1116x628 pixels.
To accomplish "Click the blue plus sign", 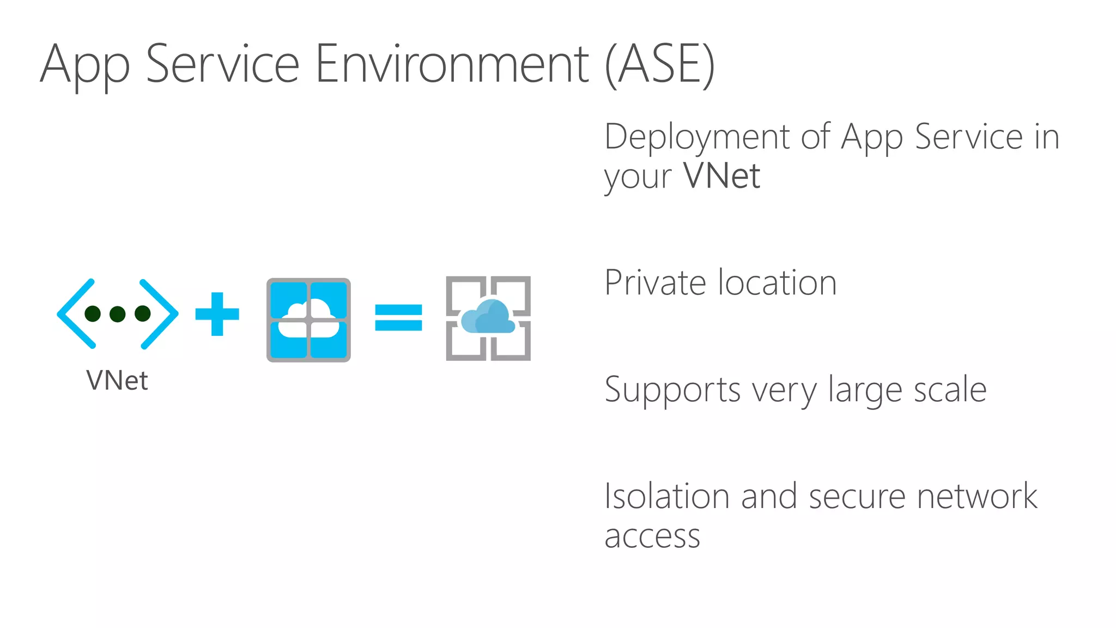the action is click(217, 314).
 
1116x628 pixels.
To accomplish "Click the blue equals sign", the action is click(398, 317).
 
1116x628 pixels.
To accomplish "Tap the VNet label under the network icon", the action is click(117, 381).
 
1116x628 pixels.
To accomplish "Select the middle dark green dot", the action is click(118, 313).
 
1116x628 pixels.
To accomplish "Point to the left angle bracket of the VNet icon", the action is click(76, 313).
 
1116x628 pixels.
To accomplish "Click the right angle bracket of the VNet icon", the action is click(159, 313).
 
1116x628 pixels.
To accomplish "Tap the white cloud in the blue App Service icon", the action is click(308, 319).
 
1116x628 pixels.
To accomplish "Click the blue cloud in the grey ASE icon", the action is click(488, 317).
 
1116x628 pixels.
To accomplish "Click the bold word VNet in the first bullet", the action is click(721, 176).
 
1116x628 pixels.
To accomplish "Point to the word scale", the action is click(950, 389).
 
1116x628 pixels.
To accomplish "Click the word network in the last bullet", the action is click(977, 496).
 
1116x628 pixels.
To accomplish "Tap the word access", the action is click(652, 536).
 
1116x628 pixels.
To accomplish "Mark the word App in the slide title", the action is click(85, 65).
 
